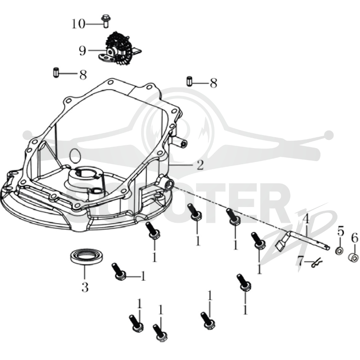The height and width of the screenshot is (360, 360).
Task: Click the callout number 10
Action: click(x=78, y=24)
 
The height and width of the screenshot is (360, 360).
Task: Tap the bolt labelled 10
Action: click(x=106, y=21)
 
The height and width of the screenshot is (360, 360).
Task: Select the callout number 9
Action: click(x=82, y=51)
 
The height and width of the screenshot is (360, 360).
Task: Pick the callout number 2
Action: click(x=200, y=165)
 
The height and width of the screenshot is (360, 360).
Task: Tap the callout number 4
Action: click(x=306, y=219)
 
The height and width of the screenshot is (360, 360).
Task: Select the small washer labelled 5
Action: click(x=339, y=251)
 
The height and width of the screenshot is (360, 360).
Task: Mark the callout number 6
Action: click(x=355, y=238)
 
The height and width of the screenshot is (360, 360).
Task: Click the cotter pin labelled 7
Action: click(x=317, y=263)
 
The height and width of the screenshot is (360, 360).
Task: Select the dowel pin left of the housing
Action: click(x=55, y=72)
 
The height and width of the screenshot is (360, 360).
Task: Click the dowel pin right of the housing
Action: click(x=189, y=81)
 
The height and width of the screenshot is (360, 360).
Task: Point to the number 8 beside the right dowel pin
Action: click(x=213, y=83)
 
